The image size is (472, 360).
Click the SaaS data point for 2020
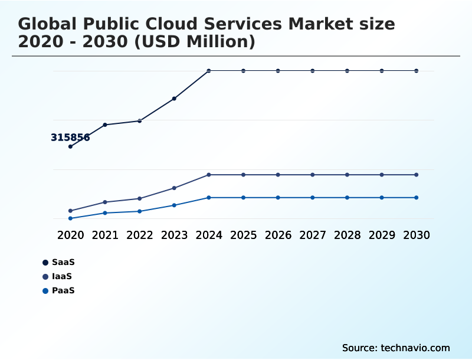70,146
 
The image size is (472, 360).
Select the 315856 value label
70,138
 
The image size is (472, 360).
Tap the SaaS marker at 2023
174,99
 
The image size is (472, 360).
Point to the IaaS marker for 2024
209,175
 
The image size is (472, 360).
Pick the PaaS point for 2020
70,218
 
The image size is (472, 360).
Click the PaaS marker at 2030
417,197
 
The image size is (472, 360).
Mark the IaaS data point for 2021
105,202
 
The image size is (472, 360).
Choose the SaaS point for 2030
417,71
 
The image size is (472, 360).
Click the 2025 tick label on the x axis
243,235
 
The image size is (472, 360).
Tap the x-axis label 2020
70,235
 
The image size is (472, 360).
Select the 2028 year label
347,235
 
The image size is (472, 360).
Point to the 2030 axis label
417,235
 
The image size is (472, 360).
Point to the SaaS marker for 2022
140,120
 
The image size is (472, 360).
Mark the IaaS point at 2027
313,175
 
